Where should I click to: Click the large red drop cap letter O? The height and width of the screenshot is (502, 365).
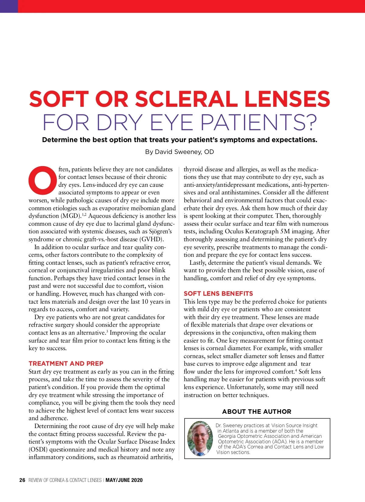click(43, 180)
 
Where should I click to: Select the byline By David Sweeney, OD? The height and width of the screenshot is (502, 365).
click(179, 152)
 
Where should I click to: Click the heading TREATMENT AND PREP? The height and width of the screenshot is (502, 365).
click(66, 364)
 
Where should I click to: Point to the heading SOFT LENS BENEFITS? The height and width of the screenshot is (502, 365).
click(218, 294)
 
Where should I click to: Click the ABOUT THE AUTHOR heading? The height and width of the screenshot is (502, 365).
click(257, 412)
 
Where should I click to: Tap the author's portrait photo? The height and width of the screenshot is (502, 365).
click(200, 438)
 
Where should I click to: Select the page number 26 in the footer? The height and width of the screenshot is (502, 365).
click(22, 480)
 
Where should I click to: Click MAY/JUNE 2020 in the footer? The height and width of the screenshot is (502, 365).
click(124, 480)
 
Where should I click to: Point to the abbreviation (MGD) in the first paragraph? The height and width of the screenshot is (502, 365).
click(71, 216)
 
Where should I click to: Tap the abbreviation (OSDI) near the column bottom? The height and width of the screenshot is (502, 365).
click(38, 450)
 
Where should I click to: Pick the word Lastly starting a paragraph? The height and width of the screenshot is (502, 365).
click(199, 263)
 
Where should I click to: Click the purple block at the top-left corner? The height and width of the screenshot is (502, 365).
click(9, 6)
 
